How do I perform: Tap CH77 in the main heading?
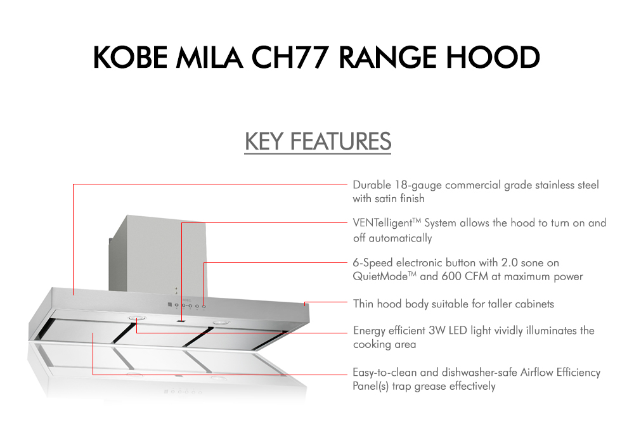(287, 57)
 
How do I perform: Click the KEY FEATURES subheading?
(318, 141)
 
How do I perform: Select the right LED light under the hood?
(221, 324)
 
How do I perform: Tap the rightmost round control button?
(204, 306)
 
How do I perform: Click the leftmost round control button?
(176, 305)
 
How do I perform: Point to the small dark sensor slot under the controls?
(182, 321)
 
